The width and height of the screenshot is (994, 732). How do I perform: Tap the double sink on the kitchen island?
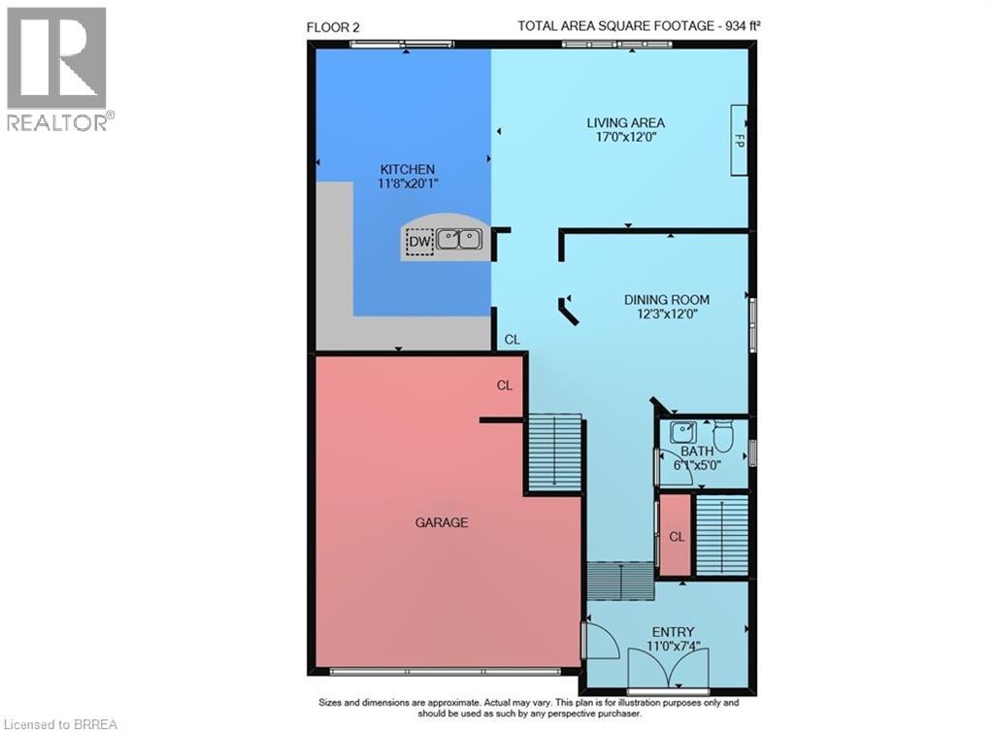click(458, 238)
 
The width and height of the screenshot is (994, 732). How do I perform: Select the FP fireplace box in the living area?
click(740, 140)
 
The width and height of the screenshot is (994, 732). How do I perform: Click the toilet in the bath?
click(722, 435)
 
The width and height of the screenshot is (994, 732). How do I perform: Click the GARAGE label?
click(442, 522)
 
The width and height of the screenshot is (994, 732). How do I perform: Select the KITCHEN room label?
click(407, 169)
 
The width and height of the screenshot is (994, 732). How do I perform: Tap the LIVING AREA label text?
click(625, 122)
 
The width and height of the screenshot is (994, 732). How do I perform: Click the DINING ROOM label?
click(666, 299)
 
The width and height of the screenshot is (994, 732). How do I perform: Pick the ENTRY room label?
click(673, 632)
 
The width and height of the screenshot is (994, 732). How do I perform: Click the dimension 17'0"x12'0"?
click(625, 138)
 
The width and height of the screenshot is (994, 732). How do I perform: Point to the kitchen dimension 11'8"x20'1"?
click(407, 183)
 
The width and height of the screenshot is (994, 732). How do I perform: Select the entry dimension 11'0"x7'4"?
click(674, 647)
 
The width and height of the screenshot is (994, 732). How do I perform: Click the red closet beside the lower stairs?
click(675, 536)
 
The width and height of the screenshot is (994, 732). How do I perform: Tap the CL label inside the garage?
click(505, 385)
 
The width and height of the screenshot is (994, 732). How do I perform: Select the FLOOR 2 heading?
click(333, 27)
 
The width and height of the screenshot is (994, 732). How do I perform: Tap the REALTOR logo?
click(57, 68)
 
